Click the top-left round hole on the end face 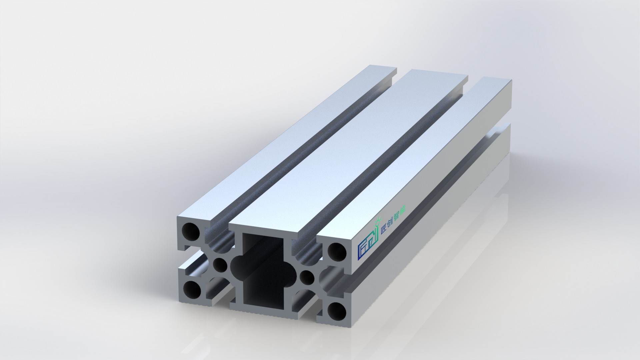pos(191,231)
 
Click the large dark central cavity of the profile pos(263,270)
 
